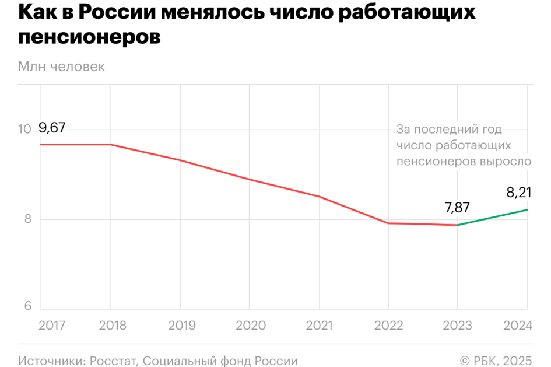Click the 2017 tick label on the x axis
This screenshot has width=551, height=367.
coord(52,325)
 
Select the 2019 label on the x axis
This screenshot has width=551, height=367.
coord(182,325)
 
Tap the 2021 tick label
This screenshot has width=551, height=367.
coord(321,325)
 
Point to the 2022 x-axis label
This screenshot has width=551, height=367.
coord(389,325)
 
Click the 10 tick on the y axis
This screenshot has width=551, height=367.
coord(24,130)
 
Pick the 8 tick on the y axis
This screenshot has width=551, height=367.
coord(27,219)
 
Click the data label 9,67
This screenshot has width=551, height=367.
coord(52,128)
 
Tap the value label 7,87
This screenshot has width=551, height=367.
coord(457,207)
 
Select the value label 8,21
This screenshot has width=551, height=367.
coord(519,192)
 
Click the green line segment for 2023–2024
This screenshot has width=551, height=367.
coord(493,217)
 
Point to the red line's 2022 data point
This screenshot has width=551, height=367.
coord(388,223)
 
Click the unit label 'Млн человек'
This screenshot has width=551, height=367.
coord(61,67)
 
